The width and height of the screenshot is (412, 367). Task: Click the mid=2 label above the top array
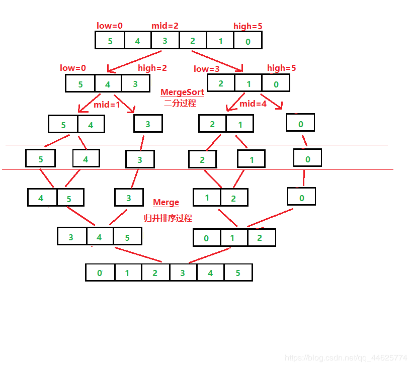165,26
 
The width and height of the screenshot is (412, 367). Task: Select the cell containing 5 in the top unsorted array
110,41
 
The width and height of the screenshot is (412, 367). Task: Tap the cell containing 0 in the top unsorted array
248,41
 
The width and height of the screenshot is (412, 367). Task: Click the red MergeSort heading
182,93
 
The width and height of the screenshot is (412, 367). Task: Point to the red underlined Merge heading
166,203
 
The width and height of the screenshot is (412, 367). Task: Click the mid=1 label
107,105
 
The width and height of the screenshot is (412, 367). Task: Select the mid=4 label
253,104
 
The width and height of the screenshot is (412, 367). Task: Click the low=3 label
207,69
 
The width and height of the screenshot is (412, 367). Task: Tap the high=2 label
152,68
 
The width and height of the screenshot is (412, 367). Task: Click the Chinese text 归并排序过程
168,218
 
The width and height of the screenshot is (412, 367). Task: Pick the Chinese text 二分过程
180,104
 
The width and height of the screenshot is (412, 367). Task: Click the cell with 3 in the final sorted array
183,273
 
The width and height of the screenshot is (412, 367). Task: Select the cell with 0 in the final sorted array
100,273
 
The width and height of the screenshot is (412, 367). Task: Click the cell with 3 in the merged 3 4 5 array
71,237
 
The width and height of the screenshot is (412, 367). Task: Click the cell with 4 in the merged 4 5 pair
41,198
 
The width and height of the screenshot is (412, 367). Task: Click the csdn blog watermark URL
346,358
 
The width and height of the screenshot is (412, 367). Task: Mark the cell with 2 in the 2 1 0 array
221,83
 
